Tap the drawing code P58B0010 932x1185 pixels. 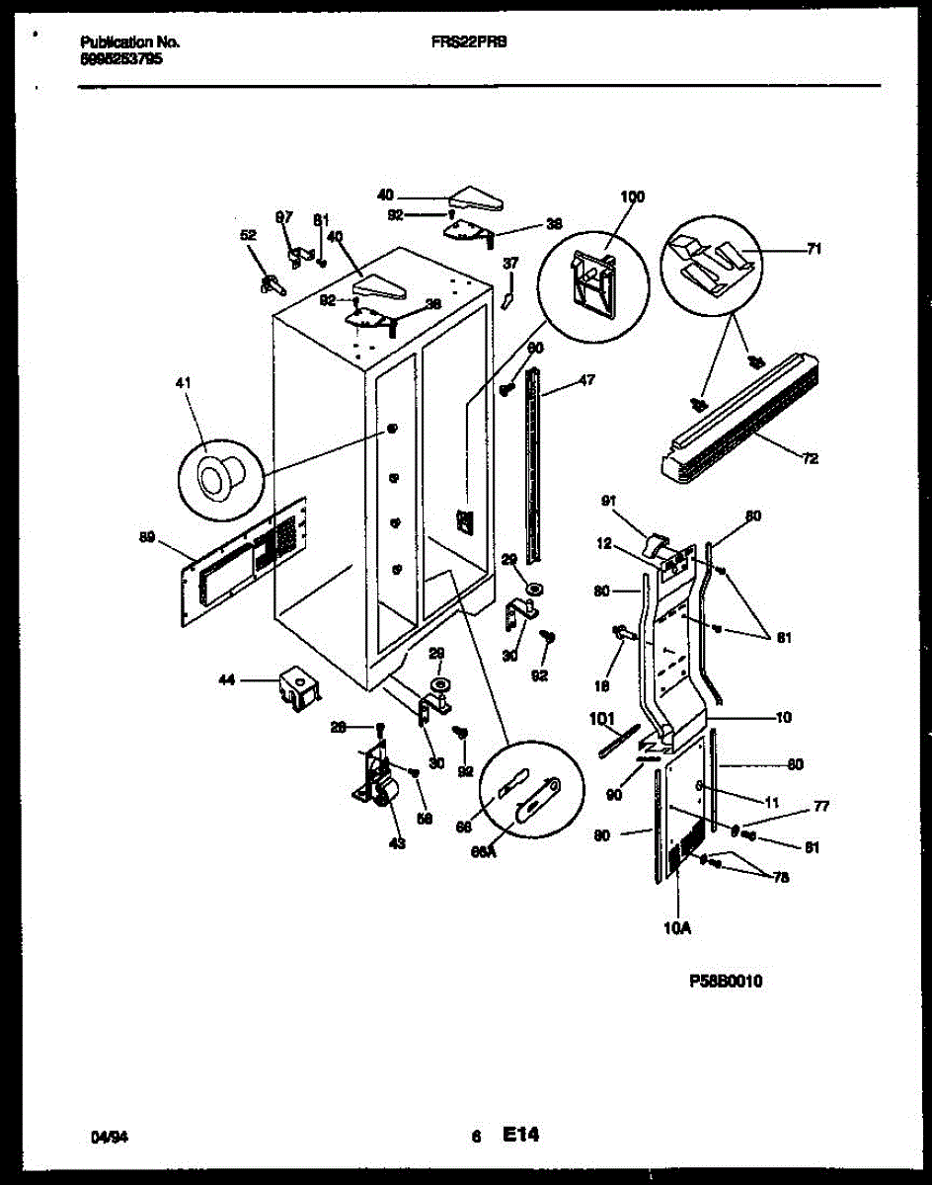[726, 983]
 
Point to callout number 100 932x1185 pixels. [632, 197]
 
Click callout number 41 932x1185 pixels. [187, 382]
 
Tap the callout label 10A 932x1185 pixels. [679, 928]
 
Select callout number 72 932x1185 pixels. [810, 458]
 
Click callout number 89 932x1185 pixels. [147, 537]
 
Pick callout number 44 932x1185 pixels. [227, 679]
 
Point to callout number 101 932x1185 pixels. [602, 718]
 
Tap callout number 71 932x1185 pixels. [814, 250]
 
